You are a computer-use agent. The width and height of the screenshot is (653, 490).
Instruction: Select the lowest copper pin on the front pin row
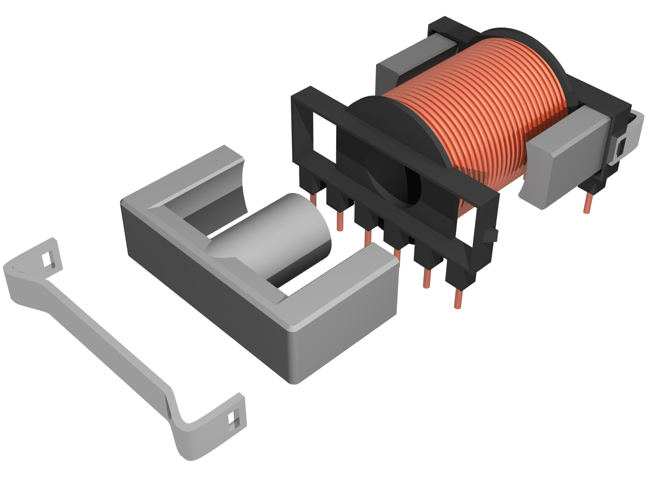coord(458,299)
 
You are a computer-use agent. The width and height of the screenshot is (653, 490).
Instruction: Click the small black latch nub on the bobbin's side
coord(491,235)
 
